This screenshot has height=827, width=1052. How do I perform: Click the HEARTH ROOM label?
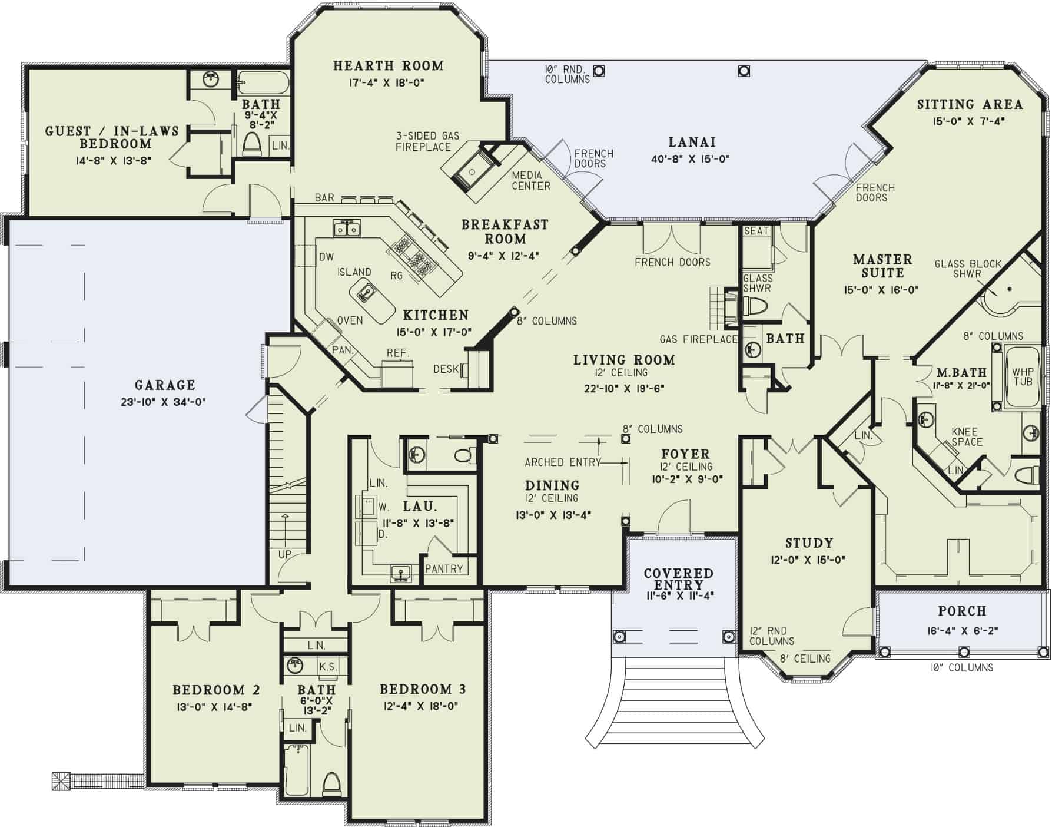[x=388, y=65]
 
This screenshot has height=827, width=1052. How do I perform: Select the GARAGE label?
[x=165, y=385]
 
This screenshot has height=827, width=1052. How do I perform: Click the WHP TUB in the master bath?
[x=1023, y=377]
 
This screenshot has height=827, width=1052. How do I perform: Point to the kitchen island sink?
[x=367, y=291]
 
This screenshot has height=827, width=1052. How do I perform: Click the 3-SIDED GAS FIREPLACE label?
[x=427, y=141]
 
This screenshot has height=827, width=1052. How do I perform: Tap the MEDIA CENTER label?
[x=530, y=181]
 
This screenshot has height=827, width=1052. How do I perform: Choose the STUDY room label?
[x=809, y=543]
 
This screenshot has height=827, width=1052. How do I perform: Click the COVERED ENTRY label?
[x=678, y=579]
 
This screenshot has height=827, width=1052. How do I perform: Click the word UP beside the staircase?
[x=284, y=555]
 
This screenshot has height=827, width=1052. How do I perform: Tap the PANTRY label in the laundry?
[x=444, y=568]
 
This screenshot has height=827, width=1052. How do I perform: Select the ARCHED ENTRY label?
[x=562, y=462]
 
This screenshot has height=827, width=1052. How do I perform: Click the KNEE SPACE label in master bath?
[x=967, y=436]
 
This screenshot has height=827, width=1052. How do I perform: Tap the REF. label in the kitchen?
[x=398, y=353]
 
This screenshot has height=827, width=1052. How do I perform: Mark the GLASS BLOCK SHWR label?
[x=967, y=269]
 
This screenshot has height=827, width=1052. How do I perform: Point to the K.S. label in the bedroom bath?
[x=328, y=667]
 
